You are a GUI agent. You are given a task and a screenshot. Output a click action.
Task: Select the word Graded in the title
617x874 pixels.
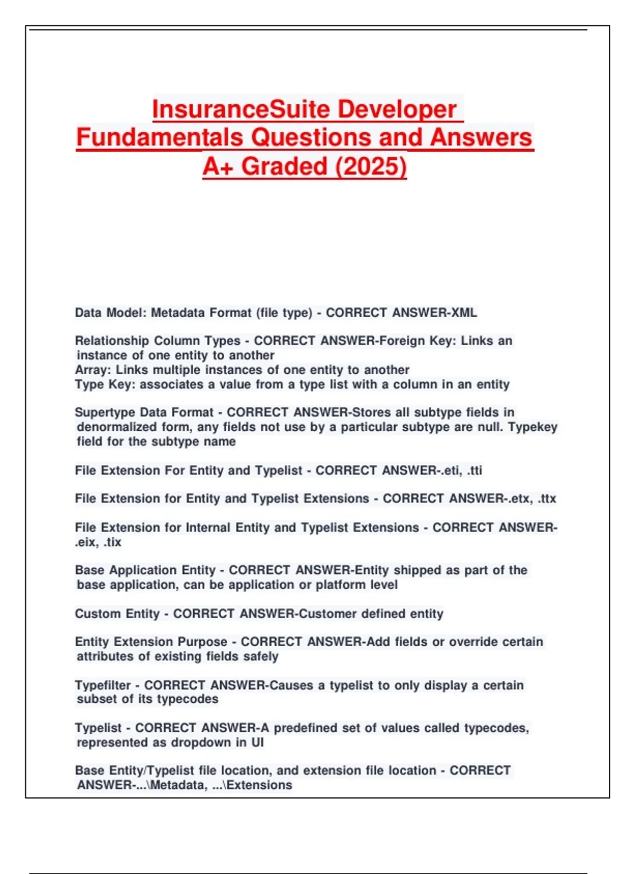coord(284,167)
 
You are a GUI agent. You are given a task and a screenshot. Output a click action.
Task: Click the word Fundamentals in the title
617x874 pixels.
coord(159,138)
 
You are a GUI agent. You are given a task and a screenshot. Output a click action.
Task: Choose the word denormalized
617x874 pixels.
coord(109,427)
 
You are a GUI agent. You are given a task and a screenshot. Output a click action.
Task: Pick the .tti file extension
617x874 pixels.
coord(474,470)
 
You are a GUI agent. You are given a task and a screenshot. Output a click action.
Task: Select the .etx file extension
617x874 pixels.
coord(519,499)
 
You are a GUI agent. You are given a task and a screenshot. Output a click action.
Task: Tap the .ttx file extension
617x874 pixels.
coord(547,499)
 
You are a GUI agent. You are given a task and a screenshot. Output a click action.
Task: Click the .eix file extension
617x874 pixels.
coord(86,542)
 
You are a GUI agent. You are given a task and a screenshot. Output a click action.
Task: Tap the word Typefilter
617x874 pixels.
coord(102,685)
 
